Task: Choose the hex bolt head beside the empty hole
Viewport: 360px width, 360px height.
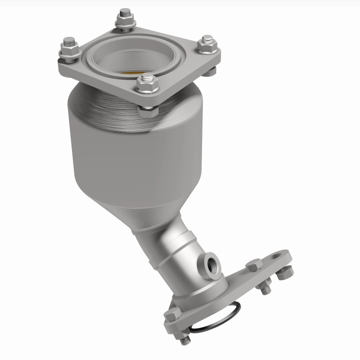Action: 254,265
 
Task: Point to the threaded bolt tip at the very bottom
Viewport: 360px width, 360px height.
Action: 185,341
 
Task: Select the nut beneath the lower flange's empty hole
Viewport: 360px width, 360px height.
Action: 285,272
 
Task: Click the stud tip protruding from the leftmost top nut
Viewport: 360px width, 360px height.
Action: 68,42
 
